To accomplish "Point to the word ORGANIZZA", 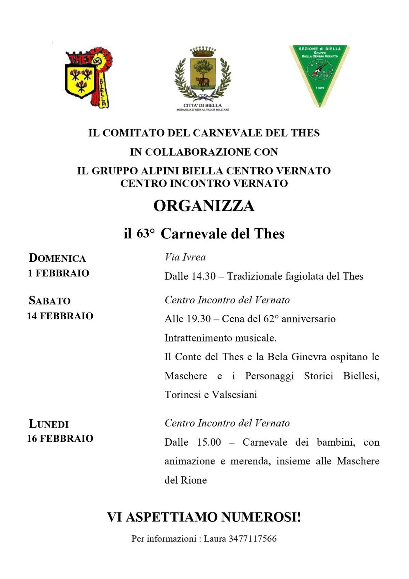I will pyautogui.click(x=204, y=206).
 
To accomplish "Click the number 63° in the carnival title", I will pyautogui.click(x=145, y=234).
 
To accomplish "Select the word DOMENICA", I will pyautogui.click(x=57, y=258).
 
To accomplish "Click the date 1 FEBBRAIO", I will pyautogui.click(x=58, y=273).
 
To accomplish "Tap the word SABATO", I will pyautogui.click(x=50, y=301).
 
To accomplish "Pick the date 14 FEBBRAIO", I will pyautogui.click(x=60, y=316).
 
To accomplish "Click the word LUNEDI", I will pyautogui.click(x=49, y=424).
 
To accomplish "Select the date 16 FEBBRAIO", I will pyautogui.click(x=60, y=439).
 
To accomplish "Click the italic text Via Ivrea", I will pyautogui.click(x=185, y=257).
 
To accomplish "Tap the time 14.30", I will pyautogui.click(x=203, y=276).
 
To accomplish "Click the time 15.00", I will pyautogui.click(x=209, y=443).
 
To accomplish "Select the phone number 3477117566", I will pyautogui.click(x=253, y=539).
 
